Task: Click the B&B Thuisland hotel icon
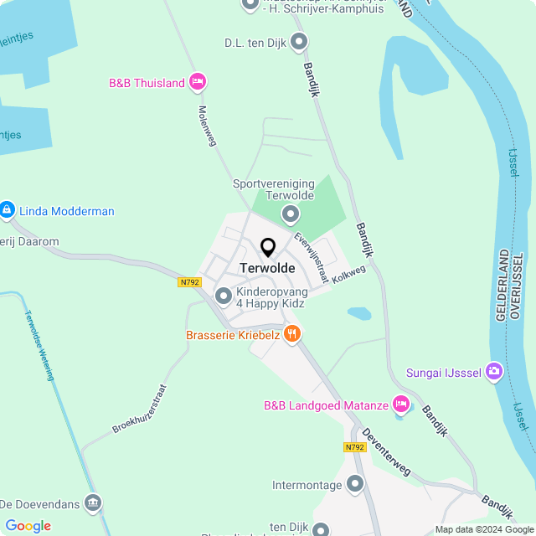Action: coord(198,82)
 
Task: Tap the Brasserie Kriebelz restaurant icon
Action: coord(292,334)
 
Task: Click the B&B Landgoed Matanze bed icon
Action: coord(401,405)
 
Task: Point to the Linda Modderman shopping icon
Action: coord(8,209)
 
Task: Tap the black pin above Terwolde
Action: coord(268,248)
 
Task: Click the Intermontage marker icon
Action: coord(355,484)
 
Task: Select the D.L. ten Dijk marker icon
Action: coord(299,41)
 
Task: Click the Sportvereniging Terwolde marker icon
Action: coord(290,214)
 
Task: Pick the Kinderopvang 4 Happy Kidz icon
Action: coord(224,296)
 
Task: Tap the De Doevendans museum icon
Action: coord(93,503)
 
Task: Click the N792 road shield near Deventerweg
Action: coord(355,447)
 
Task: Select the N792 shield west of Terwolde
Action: coord(190,282)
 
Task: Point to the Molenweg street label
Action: coord(207,126)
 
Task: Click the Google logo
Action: coord(28,525)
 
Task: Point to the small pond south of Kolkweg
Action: coord(359,314)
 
